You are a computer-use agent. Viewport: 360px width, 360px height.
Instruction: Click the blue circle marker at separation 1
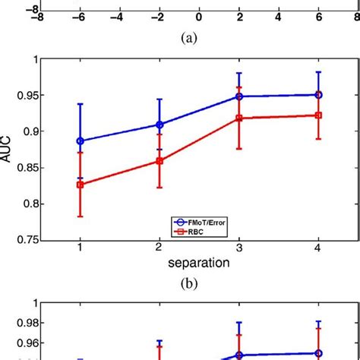(80, 141)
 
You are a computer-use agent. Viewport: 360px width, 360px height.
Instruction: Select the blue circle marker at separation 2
(159, 125)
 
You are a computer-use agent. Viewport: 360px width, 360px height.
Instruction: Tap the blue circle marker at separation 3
(238, 96)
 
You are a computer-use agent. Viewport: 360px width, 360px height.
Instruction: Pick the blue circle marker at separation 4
(318, 95)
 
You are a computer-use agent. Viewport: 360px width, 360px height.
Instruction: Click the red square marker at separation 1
(80, 184)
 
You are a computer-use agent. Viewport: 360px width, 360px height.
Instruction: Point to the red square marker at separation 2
(159, 161)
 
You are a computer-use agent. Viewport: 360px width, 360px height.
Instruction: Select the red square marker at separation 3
(238, 118)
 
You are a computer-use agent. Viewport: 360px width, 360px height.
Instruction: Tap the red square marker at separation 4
(318, 115)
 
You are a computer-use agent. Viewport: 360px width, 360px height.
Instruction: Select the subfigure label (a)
(198, 34)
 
